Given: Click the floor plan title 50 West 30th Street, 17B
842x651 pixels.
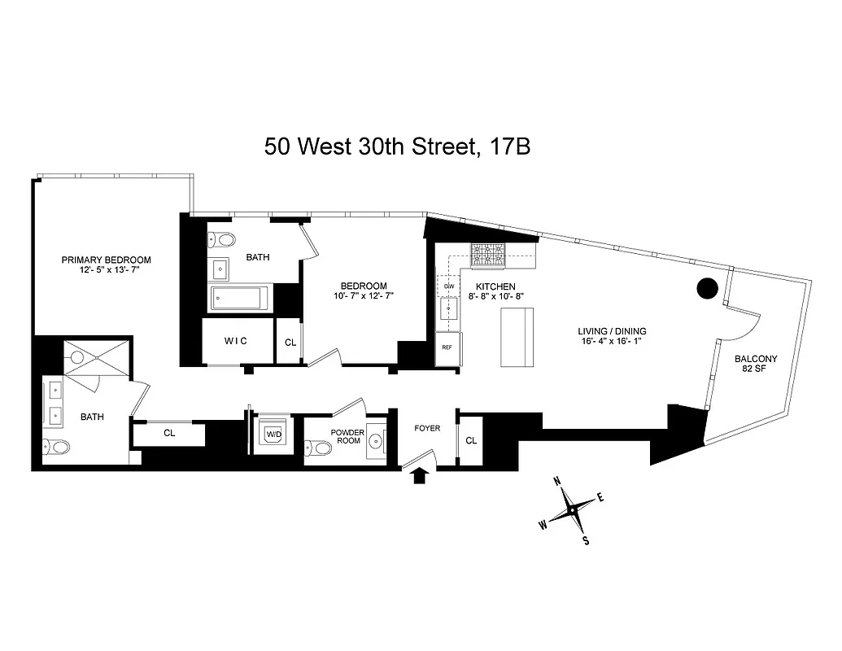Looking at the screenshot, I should [x=399, y=146].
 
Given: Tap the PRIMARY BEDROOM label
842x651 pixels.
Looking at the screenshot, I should [x=107, y=260].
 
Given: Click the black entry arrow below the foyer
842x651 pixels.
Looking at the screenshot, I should [x=420, y=477].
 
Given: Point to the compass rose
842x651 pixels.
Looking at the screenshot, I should [x=572, y=510].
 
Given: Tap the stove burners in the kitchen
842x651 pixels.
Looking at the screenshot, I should [x=487, y=255].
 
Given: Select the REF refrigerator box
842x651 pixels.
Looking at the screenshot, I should [x=447, y=347].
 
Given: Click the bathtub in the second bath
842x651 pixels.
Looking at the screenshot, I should [x=242, y=299].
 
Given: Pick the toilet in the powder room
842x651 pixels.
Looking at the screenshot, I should [x=320, y=448].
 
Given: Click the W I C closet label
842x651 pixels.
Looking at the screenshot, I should [x=235, y=340].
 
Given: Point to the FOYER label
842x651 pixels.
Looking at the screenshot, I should [x=427, y=428].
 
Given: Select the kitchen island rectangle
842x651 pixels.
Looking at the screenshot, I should [x=517, y=339].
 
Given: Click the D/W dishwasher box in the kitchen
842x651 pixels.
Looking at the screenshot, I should [x=448, y=286].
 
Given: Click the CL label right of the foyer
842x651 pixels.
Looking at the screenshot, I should [x=471, y=440].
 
